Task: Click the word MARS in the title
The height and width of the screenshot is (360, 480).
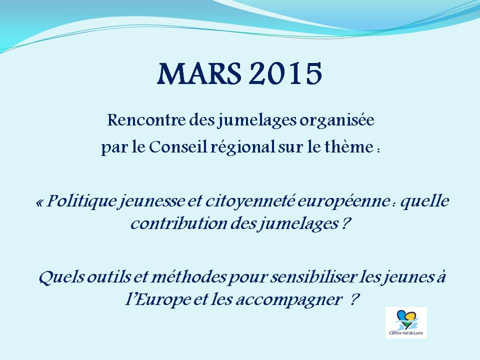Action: point(199,74)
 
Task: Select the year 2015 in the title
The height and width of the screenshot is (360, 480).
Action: point(285,74)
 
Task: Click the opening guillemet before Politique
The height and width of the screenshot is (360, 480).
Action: point(39,202)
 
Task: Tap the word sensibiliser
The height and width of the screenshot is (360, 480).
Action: point(313,277)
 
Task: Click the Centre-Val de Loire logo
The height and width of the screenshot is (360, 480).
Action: point(406,322)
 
